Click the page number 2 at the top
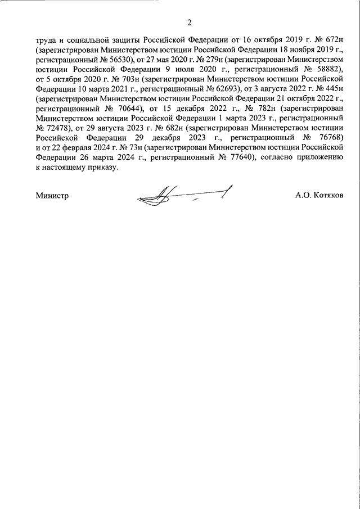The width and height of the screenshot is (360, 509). [x=189, y=22]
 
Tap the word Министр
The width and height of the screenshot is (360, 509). [x=51, y=196]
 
